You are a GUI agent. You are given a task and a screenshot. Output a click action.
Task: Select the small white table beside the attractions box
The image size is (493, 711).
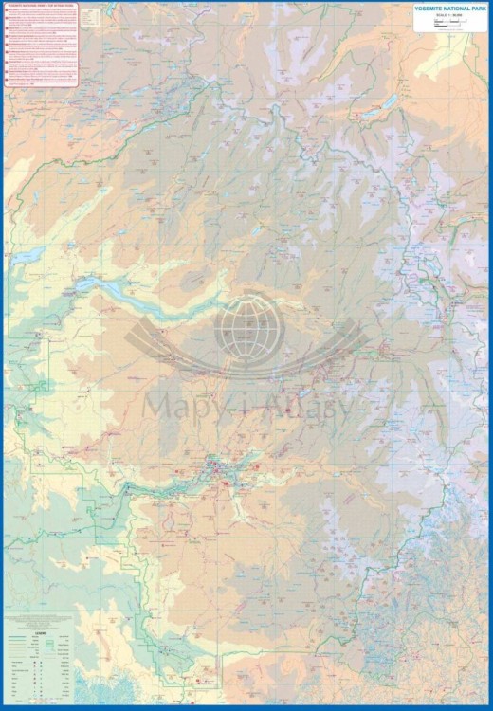tap(90, 16)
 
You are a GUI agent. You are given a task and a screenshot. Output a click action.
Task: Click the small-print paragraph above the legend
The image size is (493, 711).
tap(38, 621)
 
